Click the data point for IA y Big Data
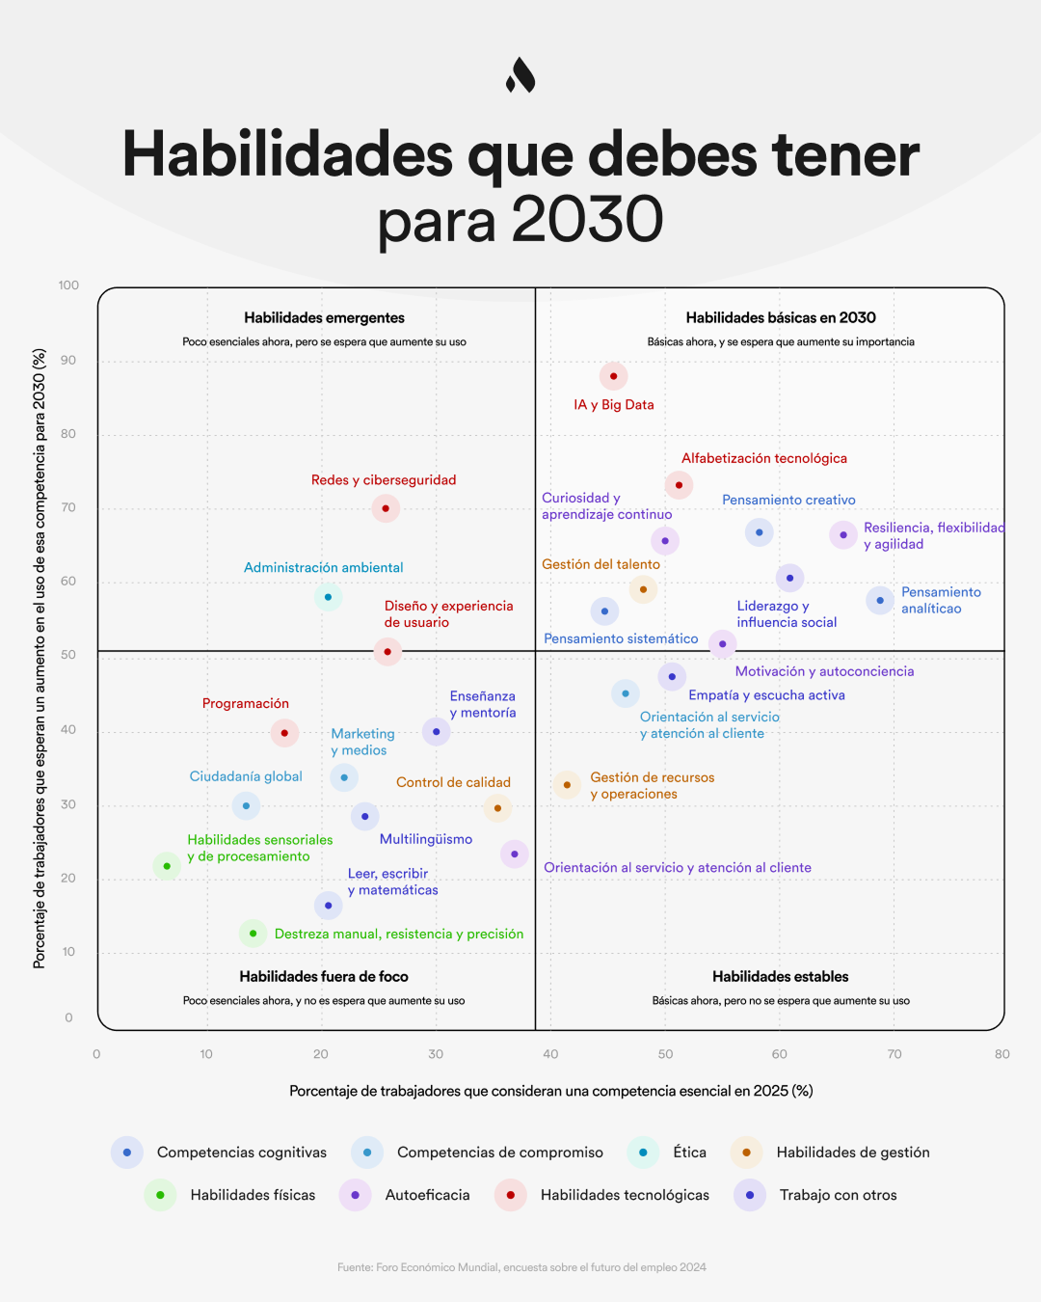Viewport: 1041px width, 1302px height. (x=613, y=376)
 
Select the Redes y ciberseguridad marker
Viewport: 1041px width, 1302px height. (x=386, y=508)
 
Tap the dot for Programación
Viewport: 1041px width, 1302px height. (x=284, y=733)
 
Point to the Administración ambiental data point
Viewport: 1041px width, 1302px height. (x=328, y=597)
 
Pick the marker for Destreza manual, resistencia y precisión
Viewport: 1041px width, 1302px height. (x=253, y=934)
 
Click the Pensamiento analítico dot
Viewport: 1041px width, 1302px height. (x=880, y=601)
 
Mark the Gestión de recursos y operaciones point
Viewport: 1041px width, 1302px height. (x=567, y=785)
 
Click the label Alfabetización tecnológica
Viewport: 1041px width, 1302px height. (x=763, y=458)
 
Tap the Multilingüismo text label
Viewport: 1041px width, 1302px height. (x=425, y=839)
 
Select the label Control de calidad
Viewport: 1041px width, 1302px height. (x=453, y=782)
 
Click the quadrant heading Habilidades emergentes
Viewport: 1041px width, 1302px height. (x=324, y=318)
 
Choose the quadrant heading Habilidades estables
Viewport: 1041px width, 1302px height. (x=780, y=977)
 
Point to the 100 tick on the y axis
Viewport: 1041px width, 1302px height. (x=68, y=285)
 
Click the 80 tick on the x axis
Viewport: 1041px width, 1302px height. (x=1001, y=1054)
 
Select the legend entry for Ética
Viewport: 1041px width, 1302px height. (x=689, y=1153)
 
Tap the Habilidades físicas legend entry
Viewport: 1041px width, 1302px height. (x=253, y=1195)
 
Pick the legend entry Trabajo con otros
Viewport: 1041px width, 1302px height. (x=838, y=1195)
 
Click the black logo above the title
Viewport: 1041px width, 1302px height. (x=520, y=75)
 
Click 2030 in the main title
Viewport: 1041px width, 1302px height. (x=587, y=220)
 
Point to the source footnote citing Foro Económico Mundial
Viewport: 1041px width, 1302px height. (x=521, y=1267)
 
